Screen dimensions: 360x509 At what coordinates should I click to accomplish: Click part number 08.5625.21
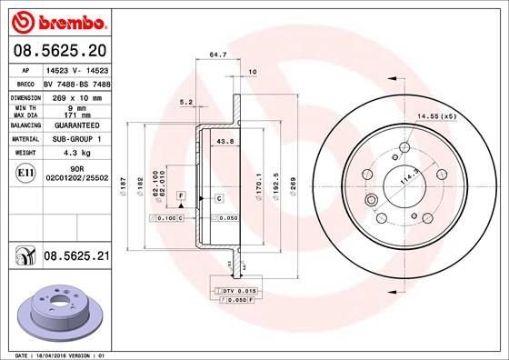[77, 257]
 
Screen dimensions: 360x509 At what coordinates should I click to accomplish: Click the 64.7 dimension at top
[217, 56]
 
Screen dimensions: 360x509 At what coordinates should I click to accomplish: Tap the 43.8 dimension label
[225, 141]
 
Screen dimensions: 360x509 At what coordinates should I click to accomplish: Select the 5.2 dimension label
[186, 102]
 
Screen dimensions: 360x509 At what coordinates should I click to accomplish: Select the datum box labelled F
[183, 196]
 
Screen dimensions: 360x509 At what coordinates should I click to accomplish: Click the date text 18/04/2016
[56, 353]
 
